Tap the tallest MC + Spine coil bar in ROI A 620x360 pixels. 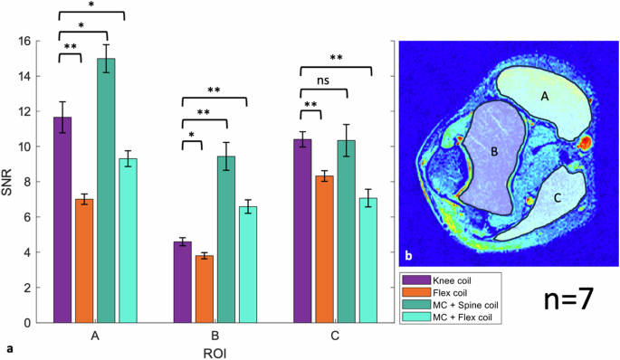coord(107,190)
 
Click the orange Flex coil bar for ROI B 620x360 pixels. coord(205,289)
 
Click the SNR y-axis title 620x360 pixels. coord(8,182)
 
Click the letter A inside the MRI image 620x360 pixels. coord(544,94)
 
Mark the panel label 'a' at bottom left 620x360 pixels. coord(8,347)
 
